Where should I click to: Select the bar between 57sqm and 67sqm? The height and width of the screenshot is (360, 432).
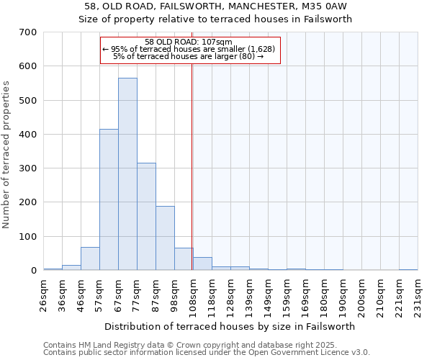point(109,199)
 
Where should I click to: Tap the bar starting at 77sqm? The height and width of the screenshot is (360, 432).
point(146,217)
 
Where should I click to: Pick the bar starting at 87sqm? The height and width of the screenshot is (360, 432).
point(165,238)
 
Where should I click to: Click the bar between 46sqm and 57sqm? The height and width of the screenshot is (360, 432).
point(90,258)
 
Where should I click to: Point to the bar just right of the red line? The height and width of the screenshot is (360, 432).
point(202,264)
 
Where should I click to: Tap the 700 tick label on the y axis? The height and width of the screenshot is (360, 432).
point(28,32)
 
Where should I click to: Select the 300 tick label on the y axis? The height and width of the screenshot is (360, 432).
point(28,168)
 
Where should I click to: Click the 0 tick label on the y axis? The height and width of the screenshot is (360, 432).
point(33,271)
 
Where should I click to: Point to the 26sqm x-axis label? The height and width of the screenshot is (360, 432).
point(48,294)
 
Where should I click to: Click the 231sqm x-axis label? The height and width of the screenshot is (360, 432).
point(423,294)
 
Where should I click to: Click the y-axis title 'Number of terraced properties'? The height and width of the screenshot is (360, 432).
point(6,155)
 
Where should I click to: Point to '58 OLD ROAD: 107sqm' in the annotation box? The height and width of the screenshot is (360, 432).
point(189,42)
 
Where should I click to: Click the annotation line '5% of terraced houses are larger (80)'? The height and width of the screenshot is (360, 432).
point(189,56)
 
